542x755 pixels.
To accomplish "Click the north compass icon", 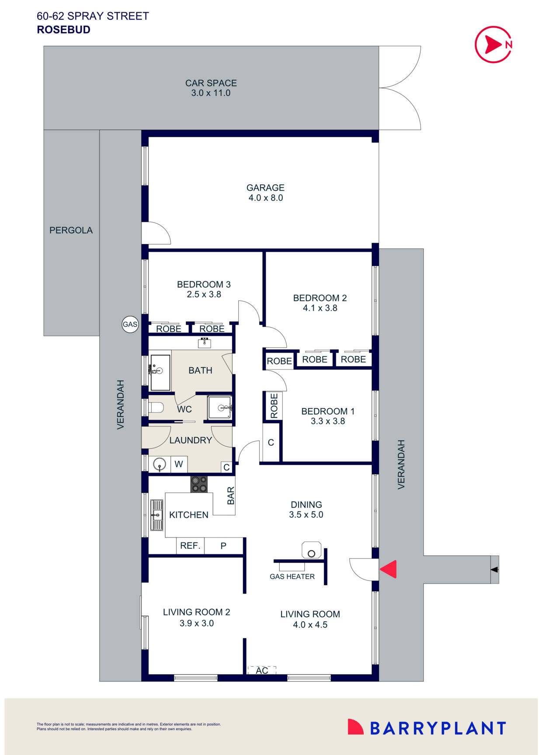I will [x=493, y=44].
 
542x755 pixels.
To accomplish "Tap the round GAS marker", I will [x=130, y=325].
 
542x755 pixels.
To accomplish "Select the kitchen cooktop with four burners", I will [x=199, y=484].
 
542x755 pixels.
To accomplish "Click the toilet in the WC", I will [x=156, y=408].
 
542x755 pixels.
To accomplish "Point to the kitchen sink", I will [x=156, y=515].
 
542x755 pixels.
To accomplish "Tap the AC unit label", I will [x=262, y=670].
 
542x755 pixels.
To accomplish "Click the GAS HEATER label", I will [x=292, y=577].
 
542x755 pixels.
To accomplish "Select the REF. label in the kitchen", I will [x=190, y=545].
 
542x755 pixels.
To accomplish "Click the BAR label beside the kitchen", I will [x=231, y=496].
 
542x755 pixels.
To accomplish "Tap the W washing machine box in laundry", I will [x=179, y=464].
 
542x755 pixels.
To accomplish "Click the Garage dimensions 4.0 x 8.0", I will [x=266, y=198].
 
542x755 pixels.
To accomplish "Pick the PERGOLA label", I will [x=71, y=230].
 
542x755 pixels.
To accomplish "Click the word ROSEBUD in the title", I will [x=63, y=30].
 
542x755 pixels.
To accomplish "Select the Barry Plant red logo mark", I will [x=355, y=727].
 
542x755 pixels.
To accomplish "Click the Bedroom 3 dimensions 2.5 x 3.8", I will [x=204, y=294].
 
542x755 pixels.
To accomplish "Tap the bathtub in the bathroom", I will [x=160, y=372].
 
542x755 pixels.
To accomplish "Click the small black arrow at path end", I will [x=494, y=570].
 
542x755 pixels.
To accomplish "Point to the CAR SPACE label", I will [x=211, y=83].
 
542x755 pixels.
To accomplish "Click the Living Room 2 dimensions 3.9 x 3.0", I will [x=197, y=623].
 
